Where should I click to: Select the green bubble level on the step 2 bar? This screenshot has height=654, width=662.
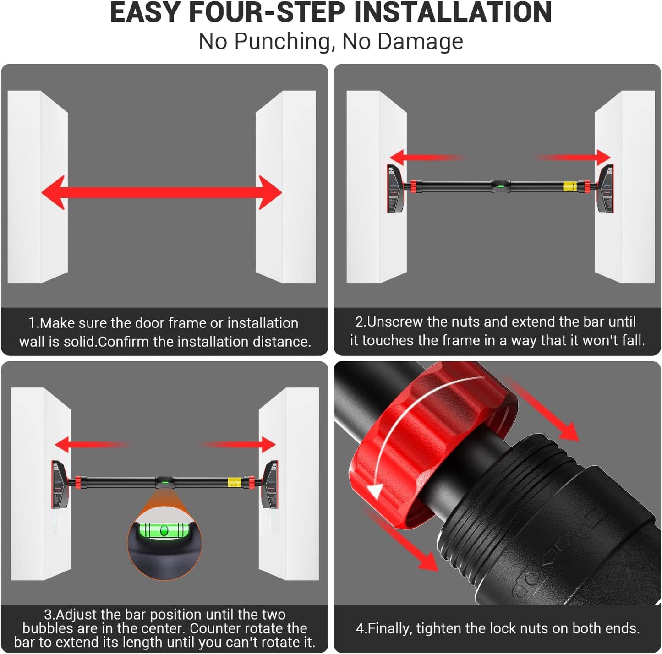coord(500,186)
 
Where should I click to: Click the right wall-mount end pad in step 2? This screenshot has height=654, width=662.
coord(606,189)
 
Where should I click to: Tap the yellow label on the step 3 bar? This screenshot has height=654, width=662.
coord(234,482)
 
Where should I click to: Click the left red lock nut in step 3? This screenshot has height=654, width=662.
coord(77,482)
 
